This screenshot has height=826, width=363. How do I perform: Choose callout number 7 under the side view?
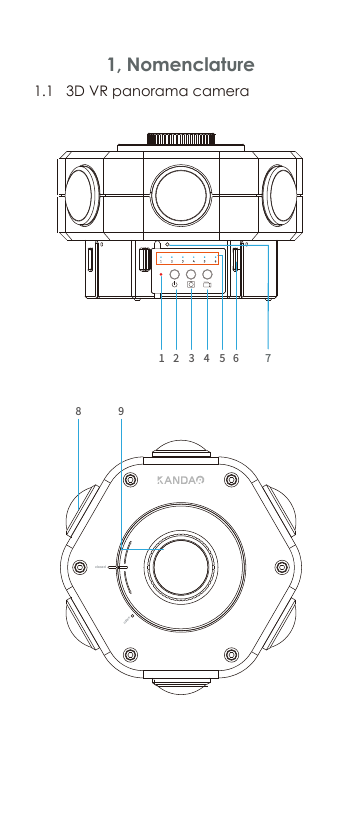coord(268,355)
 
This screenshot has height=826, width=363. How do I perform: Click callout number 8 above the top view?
coord(78,410)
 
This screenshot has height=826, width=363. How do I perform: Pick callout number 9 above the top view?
coord(120,410)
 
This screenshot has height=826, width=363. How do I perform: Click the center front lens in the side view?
coord(181,190)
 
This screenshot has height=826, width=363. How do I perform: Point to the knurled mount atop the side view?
coord(181,140)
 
